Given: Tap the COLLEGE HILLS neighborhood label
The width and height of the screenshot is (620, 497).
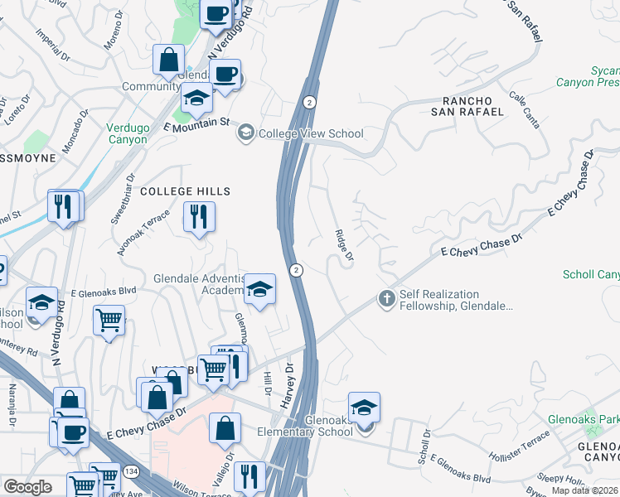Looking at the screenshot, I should tap(184, 191).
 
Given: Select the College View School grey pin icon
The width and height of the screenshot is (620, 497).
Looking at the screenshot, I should tap(245, 133).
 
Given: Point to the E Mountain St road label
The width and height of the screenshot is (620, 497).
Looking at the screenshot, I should tap(196, 125).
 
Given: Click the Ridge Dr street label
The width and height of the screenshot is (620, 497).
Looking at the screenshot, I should tap(344, 247).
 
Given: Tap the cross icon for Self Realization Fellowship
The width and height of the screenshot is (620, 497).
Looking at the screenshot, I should tap(385, 298).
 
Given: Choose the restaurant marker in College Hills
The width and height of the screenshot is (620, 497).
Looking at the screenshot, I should tap(199, 217).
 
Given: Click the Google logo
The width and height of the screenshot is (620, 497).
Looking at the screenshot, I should tap(27, 487).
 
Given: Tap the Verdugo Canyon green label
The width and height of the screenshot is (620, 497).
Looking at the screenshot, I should tap(127, 133).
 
